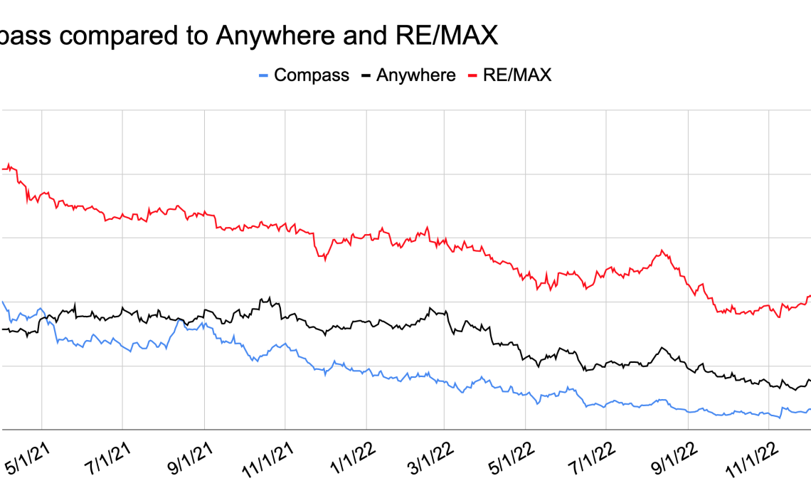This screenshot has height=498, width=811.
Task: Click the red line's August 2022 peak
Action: tap(663, 250)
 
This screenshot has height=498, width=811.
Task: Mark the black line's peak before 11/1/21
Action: tap(269, 297)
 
